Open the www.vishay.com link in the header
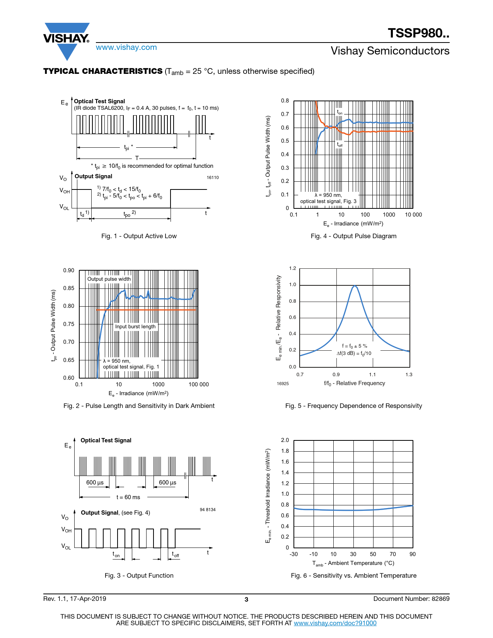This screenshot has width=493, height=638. coord(126,47)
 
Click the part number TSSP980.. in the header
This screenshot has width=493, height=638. coord(418,33)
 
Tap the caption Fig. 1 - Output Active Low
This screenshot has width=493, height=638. coord(139,236)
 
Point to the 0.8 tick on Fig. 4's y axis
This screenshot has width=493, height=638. coord(285,101)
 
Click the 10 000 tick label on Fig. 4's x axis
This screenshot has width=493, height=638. coord(413,215)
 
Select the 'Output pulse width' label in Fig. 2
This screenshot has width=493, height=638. coord(109,279)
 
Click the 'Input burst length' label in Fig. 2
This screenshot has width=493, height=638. coord(135,326)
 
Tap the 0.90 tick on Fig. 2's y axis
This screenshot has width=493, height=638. coord(69,270)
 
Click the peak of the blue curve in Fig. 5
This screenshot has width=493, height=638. coord(355,286)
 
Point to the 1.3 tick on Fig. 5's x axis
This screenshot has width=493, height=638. coord(409,374)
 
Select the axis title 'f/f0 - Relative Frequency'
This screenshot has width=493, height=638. coord(354,383)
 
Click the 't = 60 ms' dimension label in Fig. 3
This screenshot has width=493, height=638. coord(128,497)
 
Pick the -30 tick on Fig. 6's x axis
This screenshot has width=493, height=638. coord(294,554)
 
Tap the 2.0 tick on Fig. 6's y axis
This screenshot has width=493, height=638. coord(285,440)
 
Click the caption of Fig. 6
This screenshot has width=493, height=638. coord(353,575)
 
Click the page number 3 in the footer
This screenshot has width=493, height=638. coord(246,599)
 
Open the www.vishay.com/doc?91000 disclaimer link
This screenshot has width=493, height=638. coord(335,623)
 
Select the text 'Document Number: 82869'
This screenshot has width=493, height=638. coord(411,599)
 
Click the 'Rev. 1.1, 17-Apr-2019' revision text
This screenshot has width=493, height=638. coord(75,599)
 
